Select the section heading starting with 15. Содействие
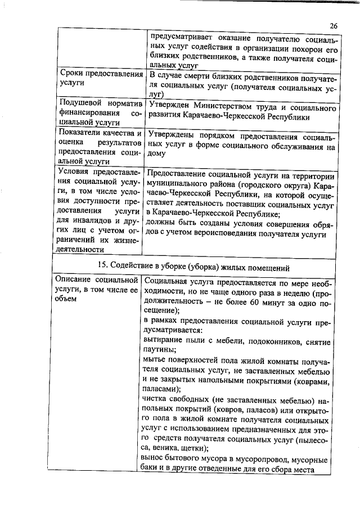[x=194, y=265]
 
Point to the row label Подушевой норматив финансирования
[x=99, y=111]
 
